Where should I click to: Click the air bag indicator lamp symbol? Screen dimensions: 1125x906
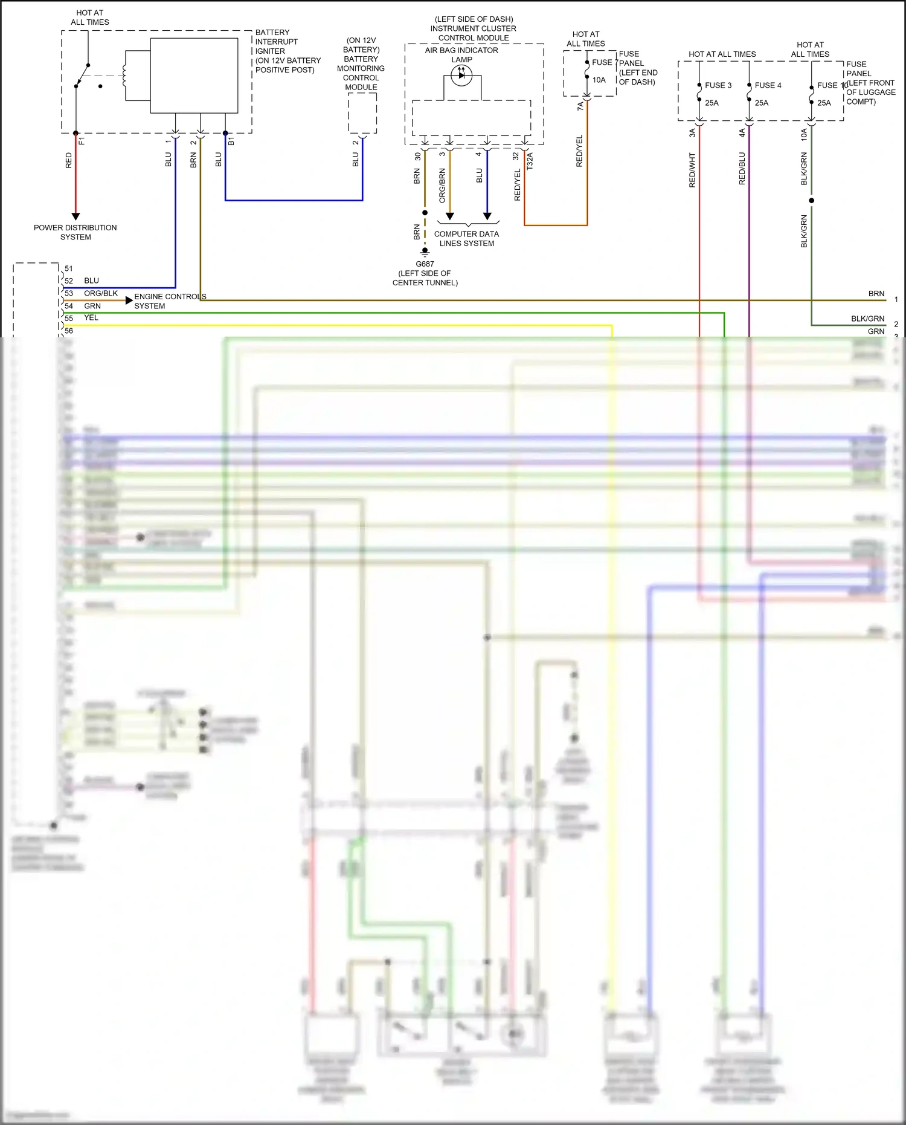(461, 76)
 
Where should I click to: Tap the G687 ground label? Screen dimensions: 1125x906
(425, 264)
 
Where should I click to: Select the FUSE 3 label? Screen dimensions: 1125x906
(718, 85)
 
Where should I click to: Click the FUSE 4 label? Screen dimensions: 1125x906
(768, 85)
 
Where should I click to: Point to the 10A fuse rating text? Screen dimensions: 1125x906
(599, 80)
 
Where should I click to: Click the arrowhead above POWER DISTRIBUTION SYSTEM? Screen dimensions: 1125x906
(75, 216)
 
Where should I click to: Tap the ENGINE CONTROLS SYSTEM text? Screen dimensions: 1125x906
(170, 301)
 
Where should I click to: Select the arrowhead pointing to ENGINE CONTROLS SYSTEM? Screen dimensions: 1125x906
(129, 300)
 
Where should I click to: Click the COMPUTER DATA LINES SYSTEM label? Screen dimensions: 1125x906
(466, 239)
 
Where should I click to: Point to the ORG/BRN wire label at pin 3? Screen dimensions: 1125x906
(442, 185)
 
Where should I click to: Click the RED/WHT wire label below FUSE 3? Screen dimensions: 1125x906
(692, 170)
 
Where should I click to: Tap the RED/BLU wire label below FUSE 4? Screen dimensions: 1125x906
(742, 168)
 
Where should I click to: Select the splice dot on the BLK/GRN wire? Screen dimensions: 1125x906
(811, 200)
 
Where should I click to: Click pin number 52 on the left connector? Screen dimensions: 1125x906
(69, 281)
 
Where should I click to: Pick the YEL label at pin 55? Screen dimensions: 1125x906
(91, 318)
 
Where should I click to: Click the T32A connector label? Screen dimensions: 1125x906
(530, 161)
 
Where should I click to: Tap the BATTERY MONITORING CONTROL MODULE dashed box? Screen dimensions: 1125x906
(362, 113)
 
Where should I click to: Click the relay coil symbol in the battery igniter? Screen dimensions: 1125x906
(124, 76)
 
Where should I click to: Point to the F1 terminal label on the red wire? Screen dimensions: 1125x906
(82, 141)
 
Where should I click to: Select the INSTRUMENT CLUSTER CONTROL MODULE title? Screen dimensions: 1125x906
(474, 28)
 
